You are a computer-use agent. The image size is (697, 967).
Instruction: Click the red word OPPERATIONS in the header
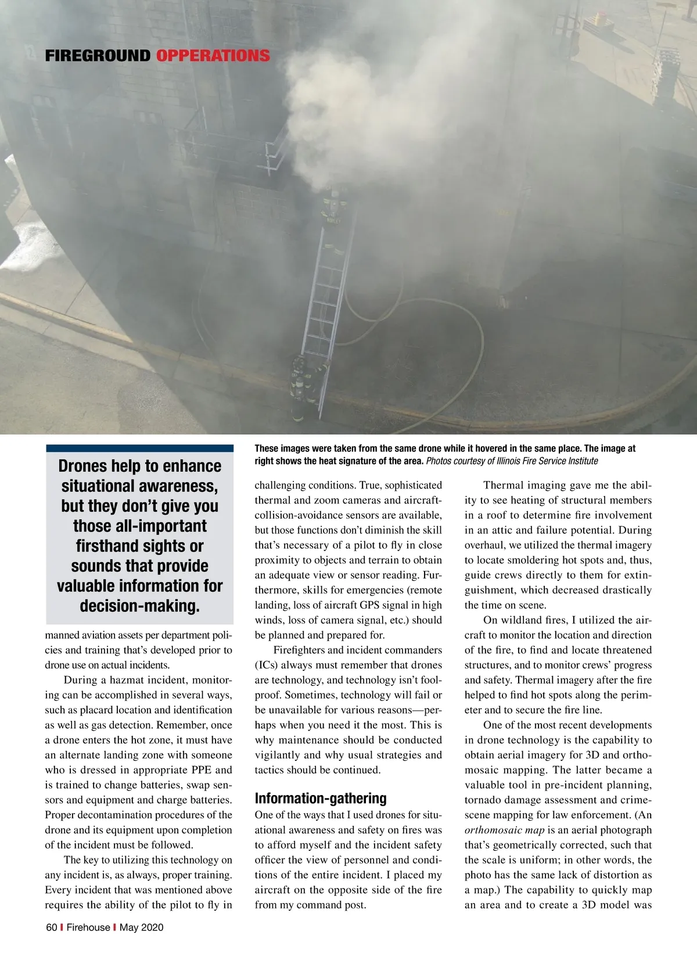213,56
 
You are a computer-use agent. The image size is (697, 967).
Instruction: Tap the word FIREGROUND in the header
98,56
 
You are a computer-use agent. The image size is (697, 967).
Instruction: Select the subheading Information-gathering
320,798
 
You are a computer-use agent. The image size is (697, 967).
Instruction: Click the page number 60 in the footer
51,927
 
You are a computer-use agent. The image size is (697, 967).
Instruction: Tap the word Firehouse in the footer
88,927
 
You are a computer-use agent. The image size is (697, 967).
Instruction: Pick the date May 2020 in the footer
141,927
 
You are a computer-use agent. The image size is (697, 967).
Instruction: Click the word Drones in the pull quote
82,466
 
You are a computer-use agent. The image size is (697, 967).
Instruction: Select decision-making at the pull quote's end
139,606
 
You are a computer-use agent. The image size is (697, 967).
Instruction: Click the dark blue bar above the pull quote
139,448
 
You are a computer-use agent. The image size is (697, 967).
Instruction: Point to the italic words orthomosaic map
504,830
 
